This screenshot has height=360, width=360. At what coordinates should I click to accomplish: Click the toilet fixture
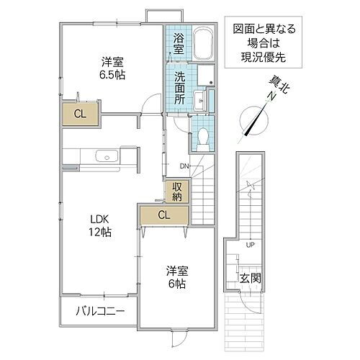click(x=202, y=136)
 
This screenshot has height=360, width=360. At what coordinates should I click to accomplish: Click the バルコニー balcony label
click(x=100, y=311)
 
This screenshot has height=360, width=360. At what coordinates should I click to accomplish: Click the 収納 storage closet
click(x=176, y=192)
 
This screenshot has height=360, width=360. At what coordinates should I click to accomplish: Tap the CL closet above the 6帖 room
click(x=163, y=215)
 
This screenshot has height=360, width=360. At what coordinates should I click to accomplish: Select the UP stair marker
click(x=250, y=245)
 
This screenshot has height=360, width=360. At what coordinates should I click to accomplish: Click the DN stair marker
click(x=184, y=166)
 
